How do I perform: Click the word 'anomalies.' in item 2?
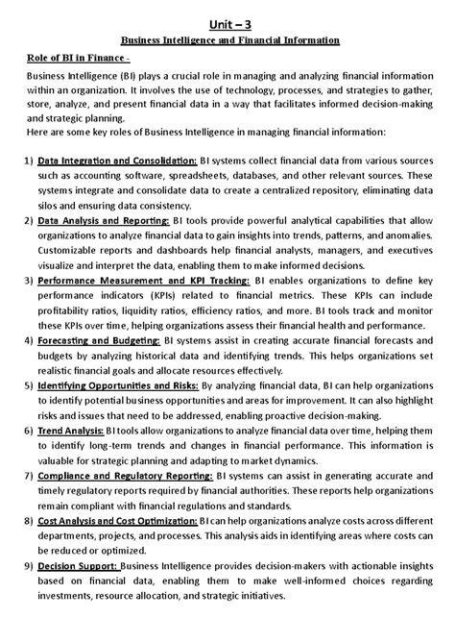coord(405,235)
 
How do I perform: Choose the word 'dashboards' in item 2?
coord(149,251)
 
